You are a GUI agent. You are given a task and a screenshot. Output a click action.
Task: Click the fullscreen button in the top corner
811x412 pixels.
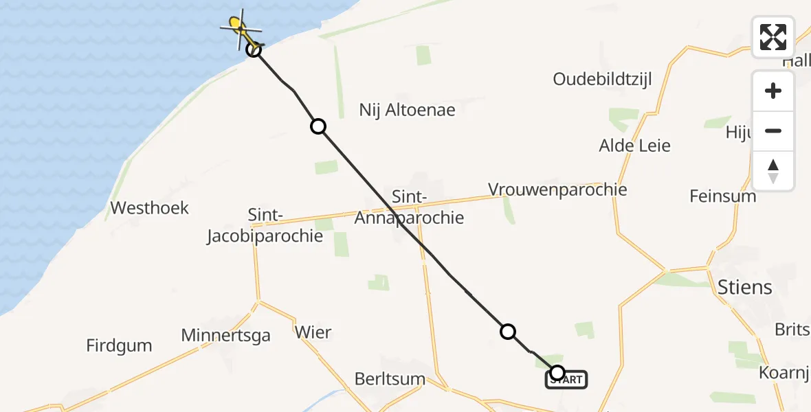tap(773, 37)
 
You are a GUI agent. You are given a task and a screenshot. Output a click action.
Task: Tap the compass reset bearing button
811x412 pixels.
tap(773, 171)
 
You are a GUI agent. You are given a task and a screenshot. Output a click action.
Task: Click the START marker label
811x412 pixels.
tap(567, 380)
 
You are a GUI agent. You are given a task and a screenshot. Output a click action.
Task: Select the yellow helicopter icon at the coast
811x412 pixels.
tap(239, 27)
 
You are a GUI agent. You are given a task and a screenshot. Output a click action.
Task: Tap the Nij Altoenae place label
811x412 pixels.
tap(407, 110)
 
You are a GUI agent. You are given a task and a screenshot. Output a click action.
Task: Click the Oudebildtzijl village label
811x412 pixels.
tap(602, 79)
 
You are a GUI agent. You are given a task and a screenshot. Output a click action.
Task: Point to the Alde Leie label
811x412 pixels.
tap(634, 146)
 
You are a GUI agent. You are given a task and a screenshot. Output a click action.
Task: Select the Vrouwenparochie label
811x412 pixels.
tap(557, 189)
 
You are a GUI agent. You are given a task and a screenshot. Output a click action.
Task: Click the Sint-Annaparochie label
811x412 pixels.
tap(409, 207)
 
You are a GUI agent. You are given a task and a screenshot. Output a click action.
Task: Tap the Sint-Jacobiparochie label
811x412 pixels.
tap(265, 226)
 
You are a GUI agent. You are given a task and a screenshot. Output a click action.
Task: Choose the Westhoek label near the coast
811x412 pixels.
tap(149, 208)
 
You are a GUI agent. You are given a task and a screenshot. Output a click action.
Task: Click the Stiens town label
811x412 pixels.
tap(744, 287)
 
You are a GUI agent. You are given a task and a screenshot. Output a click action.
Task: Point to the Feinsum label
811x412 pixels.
tap(722, 196)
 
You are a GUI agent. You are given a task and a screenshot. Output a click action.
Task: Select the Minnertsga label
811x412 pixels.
tap(225, 335)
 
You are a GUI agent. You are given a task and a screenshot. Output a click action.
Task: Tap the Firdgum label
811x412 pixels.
tap(119, 345)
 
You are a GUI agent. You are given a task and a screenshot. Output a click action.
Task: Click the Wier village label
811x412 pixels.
tap(313, 333)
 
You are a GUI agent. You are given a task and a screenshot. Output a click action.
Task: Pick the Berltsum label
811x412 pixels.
tap(390, 379)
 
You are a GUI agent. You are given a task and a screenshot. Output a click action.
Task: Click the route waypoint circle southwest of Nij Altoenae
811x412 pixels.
tap(318, 126)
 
